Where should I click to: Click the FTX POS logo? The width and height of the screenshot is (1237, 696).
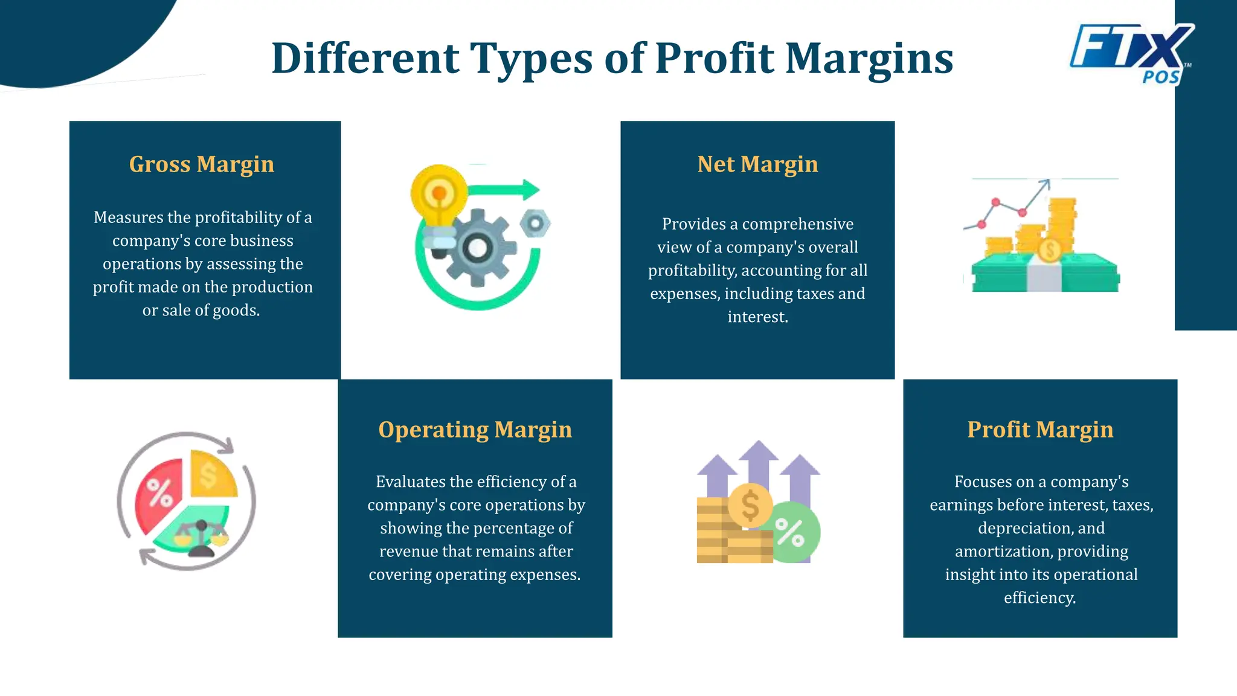click(1131, 53)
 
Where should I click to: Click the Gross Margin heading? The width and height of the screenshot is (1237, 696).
click(202, 164)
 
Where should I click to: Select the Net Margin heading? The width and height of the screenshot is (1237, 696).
click(757, 164)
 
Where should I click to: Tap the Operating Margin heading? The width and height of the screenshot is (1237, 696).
click(475, 430)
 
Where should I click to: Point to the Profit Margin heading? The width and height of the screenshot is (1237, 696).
click(1040, 430)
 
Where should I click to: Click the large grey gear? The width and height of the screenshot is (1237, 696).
click(478, 248)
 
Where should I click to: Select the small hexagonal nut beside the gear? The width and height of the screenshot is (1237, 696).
click(535, 224)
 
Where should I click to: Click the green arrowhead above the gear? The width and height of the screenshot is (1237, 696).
click(530, 190)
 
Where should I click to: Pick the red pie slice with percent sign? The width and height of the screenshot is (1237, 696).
click(159, 492)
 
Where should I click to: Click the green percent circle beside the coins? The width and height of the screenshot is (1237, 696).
click(791, 532)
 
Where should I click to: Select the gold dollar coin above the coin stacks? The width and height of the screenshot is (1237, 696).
click(750, 505)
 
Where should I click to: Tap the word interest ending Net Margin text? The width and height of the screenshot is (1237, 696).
click(757, 317)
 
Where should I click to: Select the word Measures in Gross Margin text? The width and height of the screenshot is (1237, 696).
click(128, 217)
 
